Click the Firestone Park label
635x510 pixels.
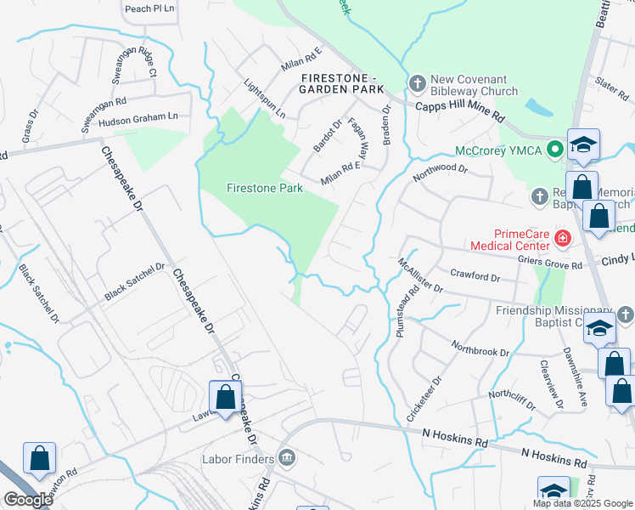point(265,188)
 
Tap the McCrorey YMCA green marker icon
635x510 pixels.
point(555,150)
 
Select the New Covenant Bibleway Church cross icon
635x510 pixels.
point(417,83)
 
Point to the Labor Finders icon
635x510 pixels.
point(287,459)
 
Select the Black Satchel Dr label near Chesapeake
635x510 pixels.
point(134,281)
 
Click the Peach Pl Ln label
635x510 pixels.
point(149,8)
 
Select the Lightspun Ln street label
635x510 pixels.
point(264,99)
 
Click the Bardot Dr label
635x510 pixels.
point(327,136)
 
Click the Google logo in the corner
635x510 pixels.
point(28,500)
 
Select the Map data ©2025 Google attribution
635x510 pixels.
point(582,503)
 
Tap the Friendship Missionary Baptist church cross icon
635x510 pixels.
point(626,314)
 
